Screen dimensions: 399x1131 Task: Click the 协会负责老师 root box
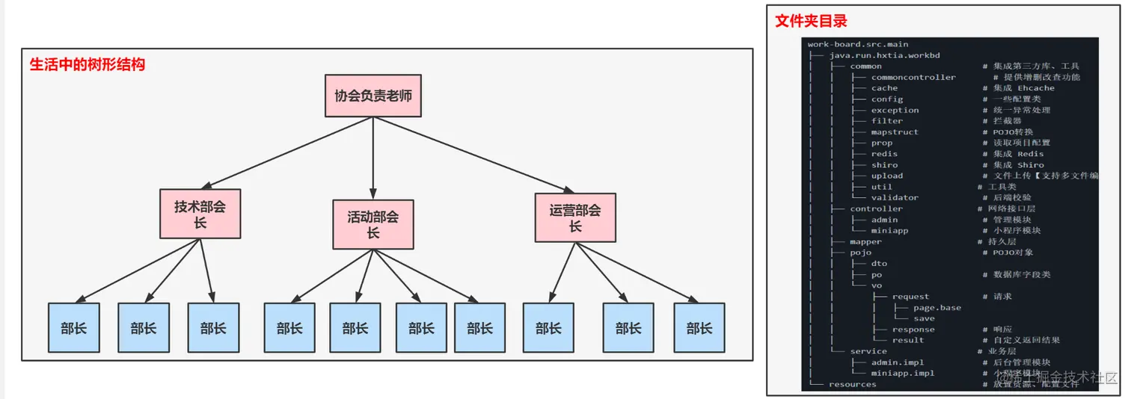point(373,96)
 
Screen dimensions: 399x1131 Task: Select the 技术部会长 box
point(200,214)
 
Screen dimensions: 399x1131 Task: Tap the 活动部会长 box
point(373,224)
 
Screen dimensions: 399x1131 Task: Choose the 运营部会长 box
point(575,217)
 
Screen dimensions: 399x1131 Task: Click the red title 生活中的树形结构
point(87,64)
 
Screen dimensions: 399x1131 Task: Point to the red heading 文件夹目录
point(811,21)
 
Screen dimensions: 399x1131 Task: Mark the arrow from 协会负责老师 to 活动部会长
point(373,157)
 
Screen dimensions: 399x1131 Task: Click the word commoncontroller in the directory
point(913,77)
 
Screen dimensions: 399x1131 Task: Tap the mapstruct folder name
point(895,132)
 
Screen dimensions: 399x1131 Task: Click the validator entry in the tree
point(895,198)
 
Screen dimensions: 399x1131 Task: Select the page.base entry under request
point(937,307)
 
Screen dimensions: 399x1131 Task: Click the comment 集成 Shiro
point(1018,165)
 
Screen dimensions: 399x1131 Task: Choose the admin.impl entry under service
point(897,362)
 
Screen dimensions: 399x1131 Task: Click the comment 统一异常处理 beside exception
point(1022,110)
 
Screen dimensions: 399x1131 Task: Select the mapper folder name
point(865,241)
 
